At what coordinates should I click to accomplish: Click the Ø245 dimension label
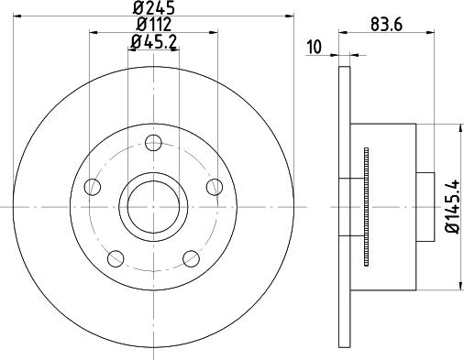(154, 7)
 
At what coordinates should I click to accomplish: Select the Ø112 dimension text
(154, 24)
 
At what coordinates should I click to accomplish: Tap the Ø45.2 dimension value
(154, 42)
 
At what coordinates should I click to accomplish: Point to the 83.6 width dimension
(386, 25)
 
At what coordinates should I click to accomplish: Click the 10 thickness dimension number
(315, 47)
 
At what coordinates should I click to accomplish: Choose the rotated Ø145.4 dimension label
(453, 207)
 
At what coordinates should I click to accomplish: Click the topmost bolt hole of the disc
(153, 143)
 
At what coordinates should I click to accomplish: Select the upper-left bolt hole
(93, 187)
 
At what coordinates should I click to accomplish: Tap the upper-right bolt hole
(215, 187)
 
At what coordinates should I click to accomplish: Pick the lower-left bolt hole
(116, 258)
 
